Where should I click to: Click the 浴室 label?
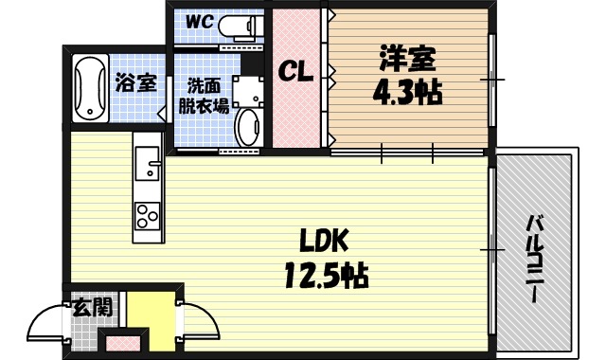point(135,83)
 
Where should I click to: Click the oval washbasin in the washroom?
point(248,127)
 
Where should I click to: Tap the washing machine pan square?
point(249,90)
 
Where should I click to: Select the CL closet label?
point(297,72)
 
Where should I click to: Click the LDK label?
point(325,238)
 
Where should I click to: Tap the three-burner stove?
point(147,216)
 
